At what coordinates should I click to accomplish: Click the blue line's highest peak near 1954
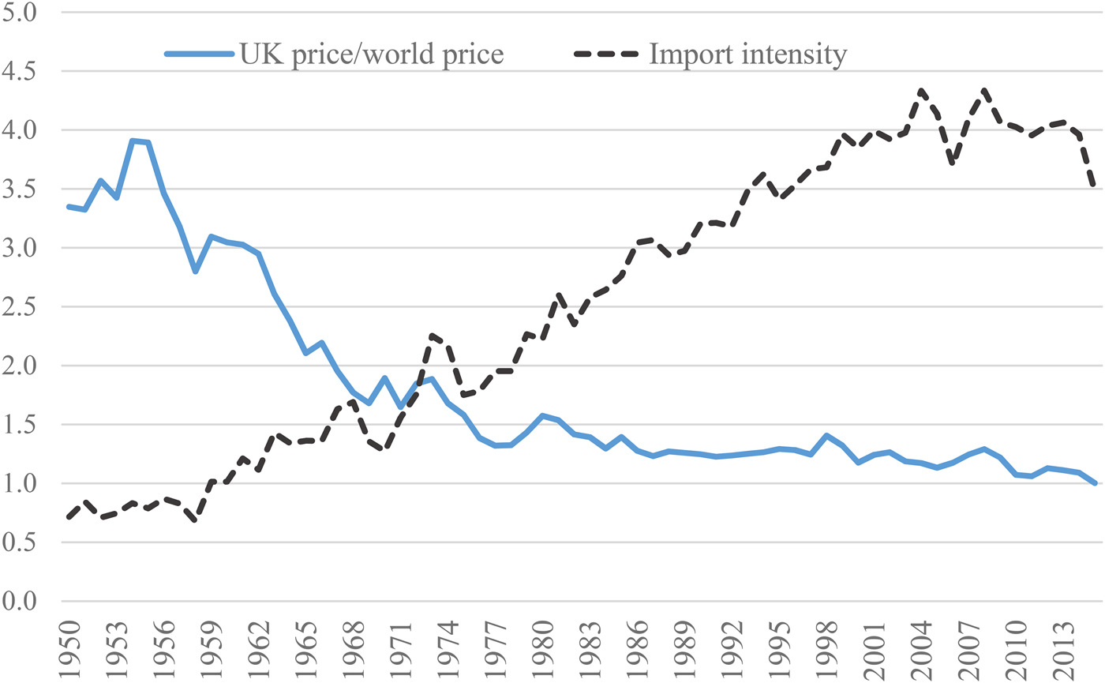coord(133,141)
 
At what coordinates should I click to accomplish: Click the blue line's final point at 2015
coord(1095,483)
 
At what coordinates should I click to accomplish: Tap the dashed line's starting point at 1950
coord(69,517)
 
